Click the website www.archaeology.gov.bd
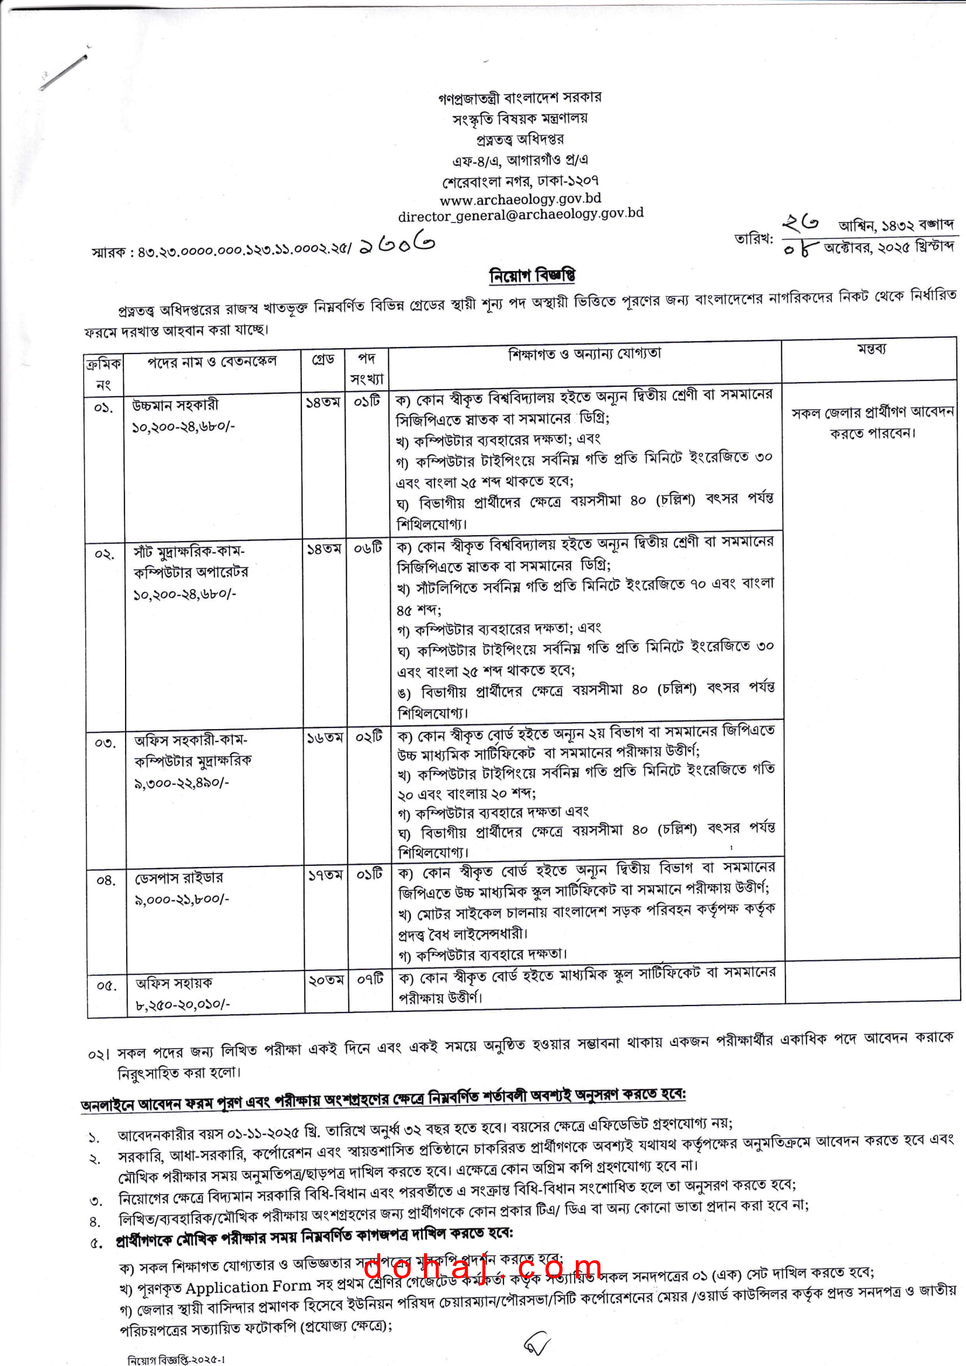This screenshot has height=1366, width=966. [x=520, y=199]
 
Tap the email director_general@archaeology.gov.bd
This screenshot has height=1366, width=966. [x=520, y=214]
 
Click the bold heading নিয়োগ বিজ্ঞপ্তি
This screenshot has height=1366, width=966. [x=533, y=276]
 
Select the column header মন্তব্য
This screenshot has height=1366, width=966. [x=871, y=349]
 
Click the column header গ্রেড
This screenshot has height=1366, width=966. [x=323, y=359]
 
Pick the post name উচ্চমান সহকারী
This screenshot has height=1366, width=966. [x=175, y=405]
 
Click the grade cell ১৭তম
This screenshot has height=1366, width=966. [x=325, y=875]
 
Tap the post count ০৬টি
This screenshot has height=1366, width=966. [x=368, y=548]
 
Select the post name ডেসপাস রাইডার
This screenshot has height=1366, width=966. [x=179, y=878]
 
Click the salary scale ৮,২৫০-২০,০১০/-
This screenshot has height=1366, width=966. [x=183, y=1005]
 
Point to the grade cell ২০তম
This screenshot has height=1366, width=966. [x=326, y=980]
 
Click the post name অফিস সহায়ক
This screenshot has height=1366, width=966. [x=173, y=983]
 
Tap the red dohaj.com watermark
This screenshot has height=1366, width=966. [x=482, y=1269]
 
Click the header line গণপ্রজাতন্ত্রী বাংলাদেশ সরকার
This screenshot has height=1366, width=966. [x=519, y=97]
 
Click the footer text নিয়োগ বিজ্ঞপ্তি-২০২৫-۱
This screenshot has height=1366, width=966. [x=176, y=1359]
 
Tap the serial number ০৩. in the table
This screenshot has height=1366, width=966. [x=105, y=743]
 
